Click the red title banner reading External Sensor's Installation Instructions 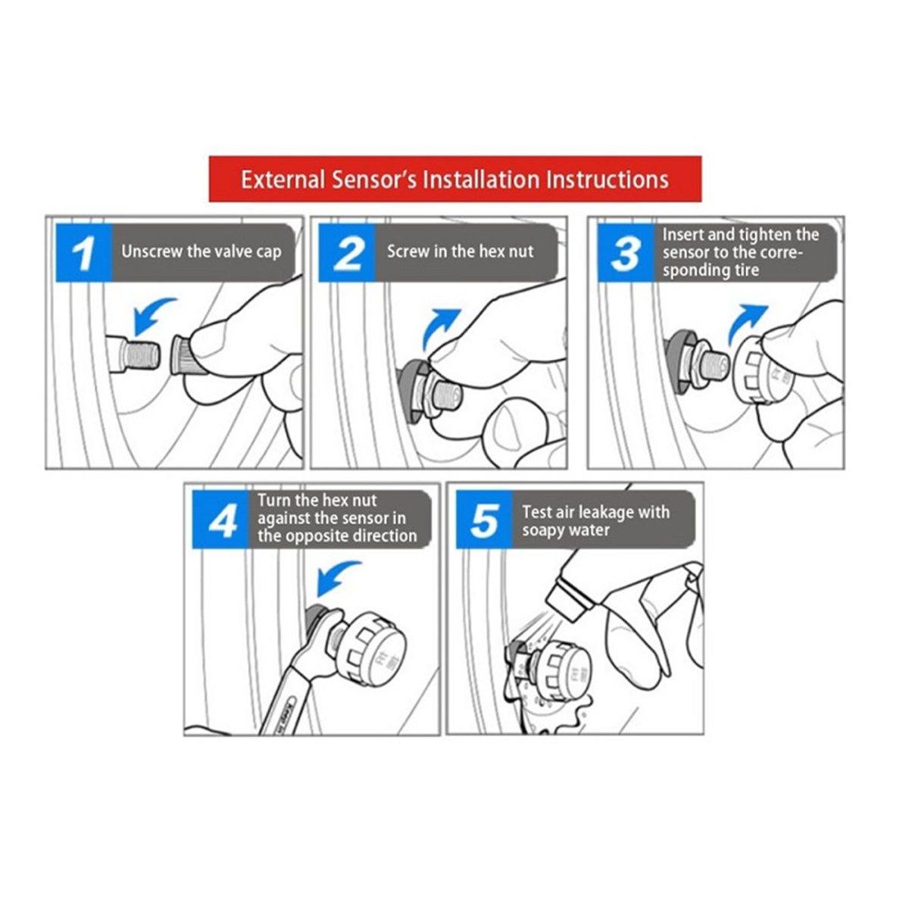coord(454,180)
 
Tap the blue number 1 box coord(84,253)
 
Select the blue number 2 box coord(347,253)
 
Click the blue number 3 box coord(626,253)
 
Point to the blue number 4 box coord(220,519)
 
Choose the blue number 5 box coord(484,519)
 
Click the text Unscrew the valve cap coord(201,251)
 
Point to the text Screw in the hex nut coord(461,251)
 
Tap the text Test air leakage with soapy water coord(596,520)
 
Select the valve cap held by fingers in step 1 coord(185,355)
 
